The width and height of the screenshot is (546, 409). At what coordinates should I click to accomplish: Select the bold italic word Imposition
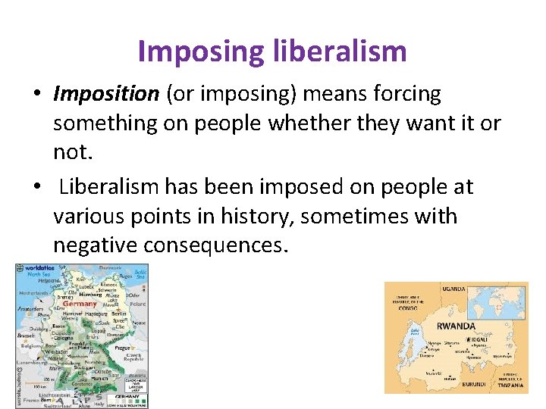105,94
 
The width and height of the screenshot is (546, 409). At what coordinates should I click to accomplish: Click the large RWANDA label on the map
456,326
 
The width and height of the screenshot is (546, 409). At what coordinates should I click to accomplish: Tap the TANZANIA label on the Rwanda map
511,386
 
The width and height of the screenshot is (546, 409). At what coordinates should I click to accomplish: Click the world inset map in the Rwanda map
497,301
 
